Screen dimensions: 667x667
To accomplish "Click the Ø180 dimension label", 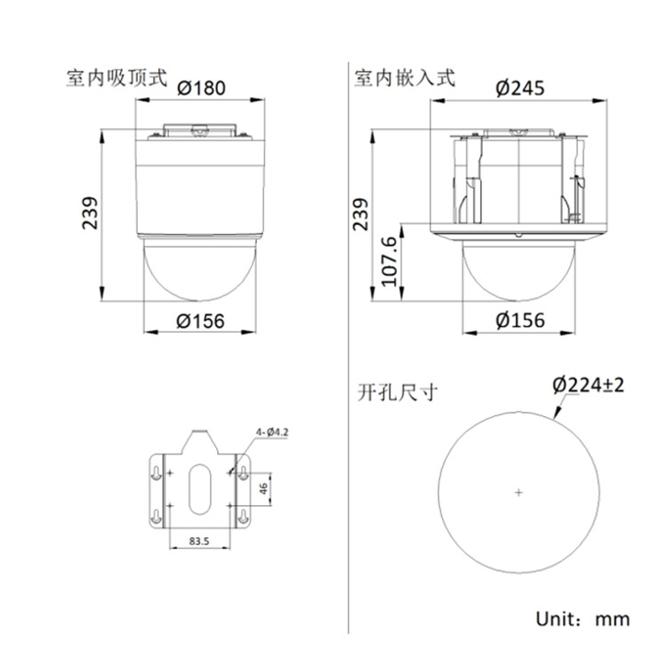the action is [x=201, y=88].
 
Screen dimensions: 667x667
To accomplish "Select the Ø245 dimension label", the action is [x=520, y=88].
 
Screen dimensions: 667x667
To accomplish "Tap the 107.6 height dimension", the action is [x=390, y=261].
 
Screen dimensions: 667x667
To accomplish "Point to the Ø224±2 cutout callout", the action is [x=589, y=385].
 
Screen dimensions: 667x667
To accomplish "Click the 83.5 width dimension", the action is [x=199, y=541].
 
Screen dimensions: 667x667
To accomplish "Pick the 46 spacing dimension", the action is [x=264, y=488].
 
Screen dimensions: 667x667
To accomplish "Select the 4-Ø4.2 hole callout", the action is [x=272, y=432].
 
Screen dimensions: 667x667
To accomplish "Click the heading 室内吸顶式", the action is [x=117, y=78].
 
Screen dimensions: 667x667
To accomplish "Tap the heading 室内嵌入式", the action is [x=405, y=78].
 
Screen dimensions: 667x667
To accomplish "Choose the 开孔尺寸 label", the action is [x=398, y=392].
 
